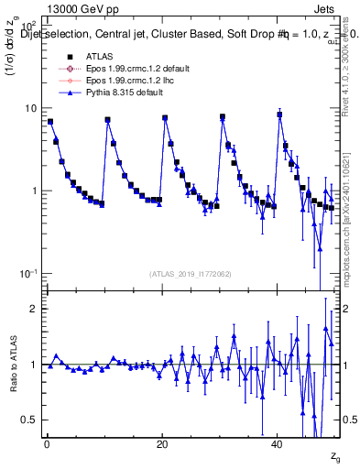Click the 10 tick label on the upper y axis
30,108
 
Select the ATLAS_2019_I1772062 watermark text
190,274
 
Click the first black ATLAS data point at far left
50,121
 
